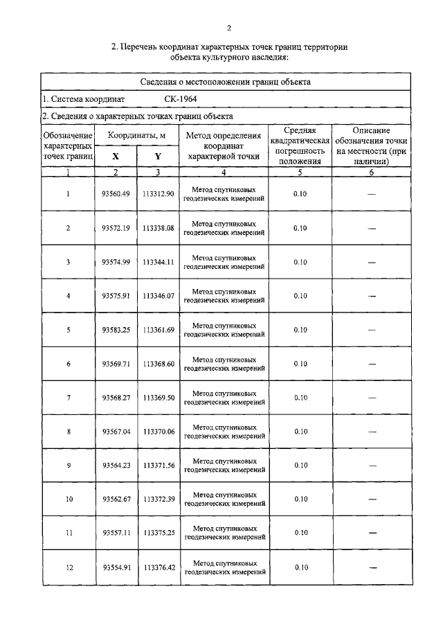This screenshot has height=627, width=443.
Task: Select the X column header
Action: (x=116, y=157)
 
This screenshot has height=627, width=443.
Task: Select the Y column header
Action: (x=158, y=157)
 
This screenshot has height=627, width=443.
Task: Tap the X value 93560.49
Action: (x=116, y=194)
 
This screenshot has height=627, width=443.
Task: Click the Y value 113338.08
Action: (x=158, y=228)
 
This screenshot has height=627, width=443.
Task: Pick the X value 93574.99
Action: (x=116, y=262)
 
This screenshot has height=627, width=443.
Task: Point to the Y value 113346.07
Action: (x=158, y=296)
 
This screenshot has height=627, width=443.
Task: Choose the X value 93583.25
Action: (x=116, y=330)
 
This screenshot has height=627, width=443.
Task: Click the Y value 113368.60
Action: (x=158, y=364)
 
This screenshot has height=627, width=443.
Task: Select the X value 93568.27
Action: (x=116, y=398)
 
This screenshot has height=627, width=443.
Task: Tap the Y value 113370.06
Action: (x=158, y=432)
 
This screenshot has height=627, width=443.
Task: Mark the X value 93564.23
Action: (x=116, y=466)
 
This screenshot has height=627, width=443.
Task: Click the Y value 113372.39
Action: (x=158, y=500)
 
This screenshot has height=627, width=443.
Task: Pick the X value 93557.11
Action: (x=116, y=533)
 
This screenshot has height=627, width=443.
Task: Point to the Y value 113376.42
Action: (x=158, y=567)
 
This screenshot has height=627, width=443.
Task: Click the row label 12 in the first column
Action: (x=68, y=567)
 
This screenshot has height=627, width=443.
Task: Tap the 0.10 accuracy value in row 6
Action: (x=300, y=364)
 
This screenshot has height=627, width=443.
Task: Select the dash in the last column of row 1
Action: (x=372, y=195)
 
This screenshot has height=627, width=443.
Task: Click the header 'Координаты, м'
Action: (x=136, y=135)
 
